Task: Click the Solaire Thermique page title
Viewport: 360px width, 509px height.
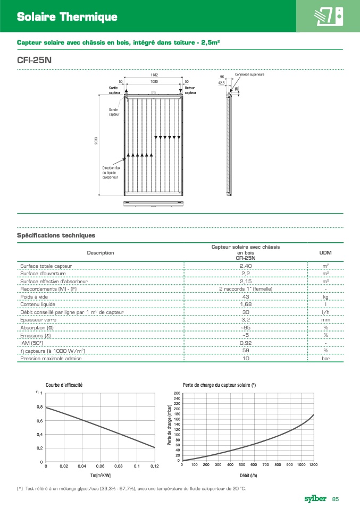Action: [67, 17]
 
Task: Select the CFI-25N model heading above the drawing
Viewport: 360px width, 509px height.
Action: [35, 60]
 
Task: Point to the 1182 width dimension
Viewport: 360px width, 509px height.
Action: [154, 75]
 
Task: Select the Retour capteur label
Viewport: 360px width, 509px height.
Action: [190, 90]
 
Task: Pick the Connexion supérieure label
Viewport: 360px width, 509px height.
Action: [249, 74]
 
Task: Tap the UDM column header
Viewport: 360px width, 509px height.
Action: [325, 252]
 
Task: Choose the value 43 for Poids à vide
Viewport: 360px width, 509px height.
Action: [246, 296]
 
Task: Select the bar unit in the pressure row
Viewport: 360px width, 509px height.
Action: [325, 359]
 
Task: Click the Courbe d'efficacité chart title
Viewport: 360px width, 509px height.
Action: [64, 385]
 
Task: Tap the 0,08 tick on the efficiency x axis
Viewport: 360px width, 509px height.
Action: [118, 466]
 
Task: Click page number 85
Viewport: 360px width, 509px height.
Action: [336, 499]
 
